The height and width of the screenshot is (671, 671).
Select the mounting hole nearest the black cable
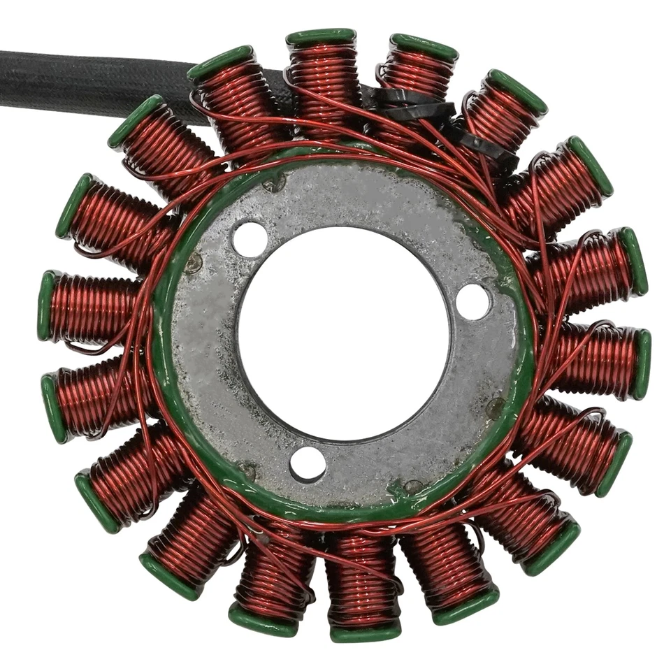tap(250, 240)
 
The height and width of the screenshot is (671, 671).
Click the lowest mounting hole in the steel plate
tap(308, 463)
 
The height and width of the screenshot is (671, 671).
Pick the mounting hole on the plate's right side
tap(473, 301)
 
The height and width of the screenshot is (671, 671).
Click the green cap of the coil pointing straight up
tap(321, 37)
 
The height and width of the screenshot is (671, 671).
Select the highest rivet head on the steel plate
tap(275, 183)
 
